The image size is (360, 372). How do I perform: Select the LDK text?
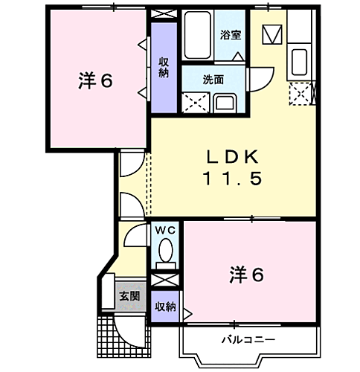[x=231, y=157]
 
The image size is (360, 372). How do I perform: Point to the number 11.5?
[x=231, y=180]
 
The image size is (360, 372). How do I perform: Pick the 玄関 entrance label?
[x=129, y=295]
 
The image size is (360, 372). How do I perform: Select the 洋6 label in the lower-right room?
[x=245, y=275]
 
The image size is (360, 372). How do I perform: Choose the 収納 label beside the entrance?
[x=164, y=307]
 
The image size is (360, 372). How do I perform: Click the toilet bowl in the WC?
[x=167, y=250]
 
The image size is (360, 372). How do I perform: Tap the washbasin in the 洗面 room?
[x=224, y=101]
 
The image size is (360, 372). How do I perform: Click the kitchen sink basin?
[x=300, y=60]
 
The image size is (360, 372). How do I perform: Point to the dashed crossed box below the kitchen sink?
[x=301, y=93]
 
